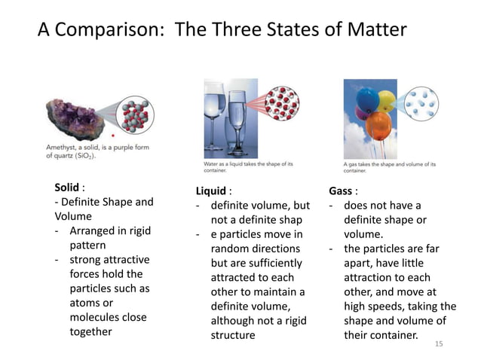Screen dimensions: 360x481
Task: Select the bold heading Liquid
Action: click(x=210, y=191)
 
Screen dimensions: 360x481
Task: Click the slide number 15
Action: click(x=441, y=343)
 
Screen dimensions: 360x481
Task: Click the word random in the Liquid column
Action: click(x=231, y=249)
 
